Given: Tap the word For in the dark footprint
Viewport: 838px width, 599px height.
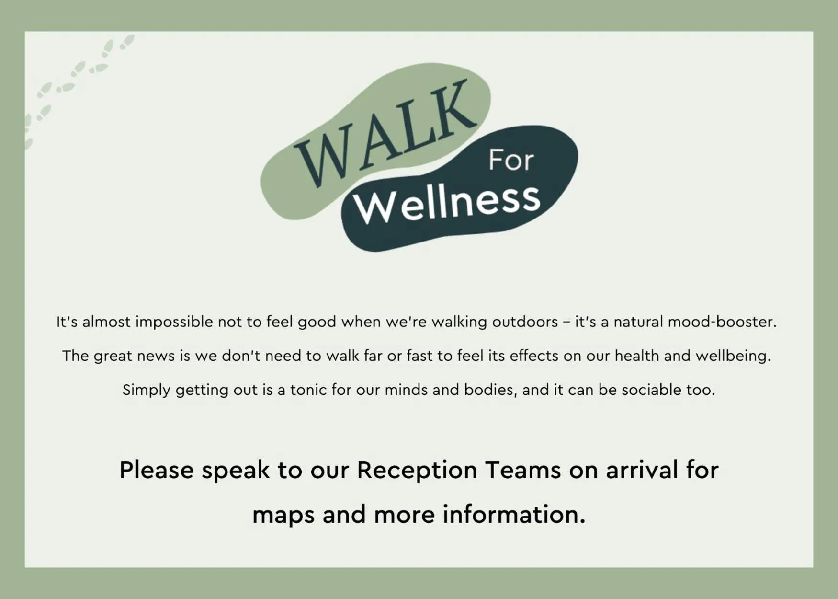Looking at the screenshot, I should click(510, 161).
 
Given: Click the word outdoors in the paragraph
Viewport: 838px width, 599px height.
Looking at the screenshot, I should click(525, 322).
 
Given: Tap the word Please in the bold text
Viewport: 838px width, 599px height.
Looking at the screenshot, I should click(156, 470).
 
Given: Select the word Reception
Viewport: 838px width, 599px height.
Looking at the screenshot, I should click(417, 470).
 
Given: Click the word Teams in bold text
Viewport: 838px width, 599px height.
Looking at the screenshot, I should click(522, 470).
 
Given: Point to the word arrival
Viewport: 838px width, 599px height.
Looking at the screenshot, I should click(642, 470).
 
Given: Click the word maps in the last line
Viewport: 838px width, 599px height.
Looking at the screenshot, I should click(283, 515).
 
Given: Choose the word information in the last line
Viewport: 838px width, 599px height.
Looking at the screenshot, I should click(513, 514).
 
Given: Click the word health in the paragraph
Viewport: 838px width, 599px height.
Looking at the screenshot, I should click(636, 356).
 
